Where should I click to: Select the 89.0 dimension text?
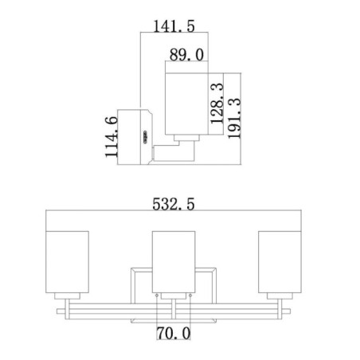coord(188,53)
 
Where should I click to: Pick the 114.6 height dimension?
coord(112,136)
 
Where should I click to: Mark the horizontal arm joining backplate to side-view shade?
coord(167,151)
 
